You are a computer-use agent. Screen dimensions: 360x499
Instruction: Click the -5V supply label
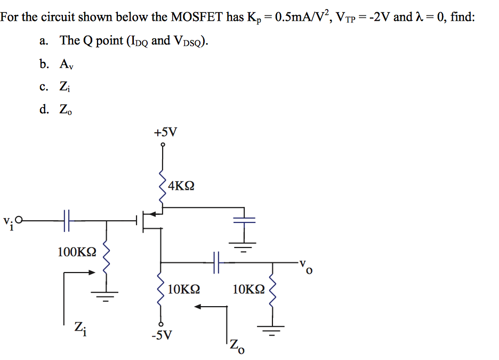coord(162,335)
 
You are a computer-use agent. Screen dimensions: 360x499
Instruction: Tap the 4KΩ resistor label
coord(181,186)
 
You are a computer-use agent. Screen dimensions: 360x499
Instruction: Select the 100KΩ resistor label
coord(77,252)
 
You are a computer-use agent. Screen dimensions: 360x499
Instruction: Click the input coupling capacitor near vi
coord(67,219)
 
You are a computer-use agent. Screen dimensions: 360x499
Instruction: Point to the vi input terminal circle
coord(20,219)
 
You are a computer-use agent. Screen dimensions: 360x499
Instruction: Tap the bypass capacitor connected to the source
coord(244,219)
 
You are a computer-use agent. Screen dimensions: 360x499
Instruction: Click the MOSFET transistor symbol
coord(150,220)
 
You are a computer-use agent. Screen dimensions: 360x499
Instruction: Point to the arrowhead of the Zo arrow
coord(198,307)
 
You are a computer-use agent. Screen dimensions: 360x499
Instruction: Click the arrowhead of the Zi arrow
coord(92,272)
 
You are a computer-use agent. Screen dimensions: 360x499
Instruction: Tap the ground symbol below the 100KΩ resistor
coord(104,294)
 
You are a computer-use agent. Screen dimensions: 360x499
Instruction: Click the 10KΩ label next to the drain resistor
coord(183,290)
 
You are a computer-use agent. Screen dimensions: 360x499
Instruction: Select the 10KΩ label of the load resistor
coord(248,290)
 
